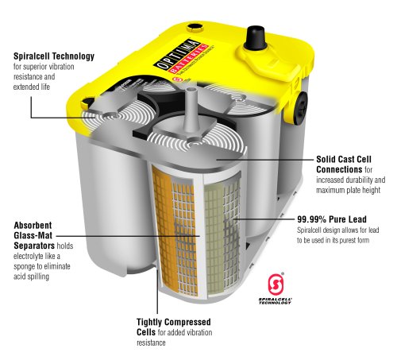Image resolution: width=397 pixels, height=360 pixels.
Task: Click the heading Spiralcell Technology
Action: pyautogui.click(x=53, y=56)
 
